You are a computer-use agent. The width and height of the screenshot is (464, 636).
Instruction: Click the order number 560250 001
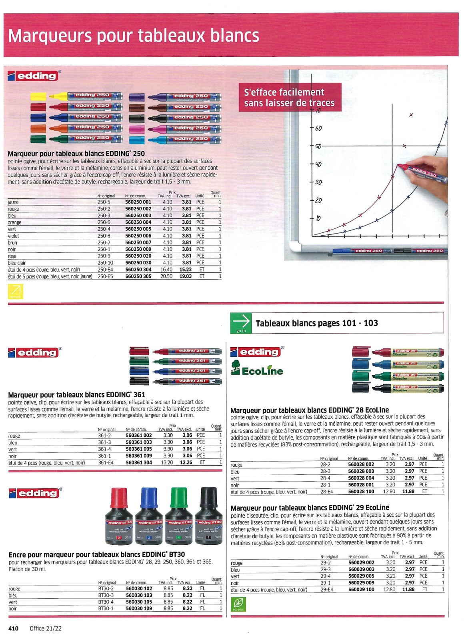(x=138, y=202)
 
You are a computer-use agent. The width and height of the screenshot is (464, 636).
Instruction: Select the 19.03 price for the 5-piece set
(x=185, y=276)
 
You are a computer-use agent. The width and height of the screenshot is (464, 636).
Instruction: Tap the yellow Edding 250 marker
(x=76, y=96)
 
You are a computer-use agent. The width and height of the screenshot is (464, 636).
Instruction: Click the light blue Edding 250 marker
(x=175, y=140)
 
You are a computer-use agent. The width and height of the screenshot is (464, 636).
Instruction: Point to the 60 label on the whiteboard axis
(x=318, y=128)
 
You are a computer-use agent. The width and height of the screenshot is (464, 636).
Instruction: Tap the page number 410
(x=13, y=628)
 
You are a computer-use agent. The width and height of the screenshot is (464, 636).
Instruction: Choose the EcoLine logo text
(x=262, y=371)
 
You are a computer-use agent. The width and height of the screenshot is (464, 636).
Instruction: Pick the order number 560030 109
(x=139, y=608)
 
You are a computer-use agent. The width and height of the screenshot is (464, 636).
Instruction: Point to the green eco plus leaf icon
(x=238, y=604)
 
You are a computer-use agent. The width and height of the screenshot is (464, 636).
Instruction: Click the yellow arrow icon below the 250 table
(x=16, y=291)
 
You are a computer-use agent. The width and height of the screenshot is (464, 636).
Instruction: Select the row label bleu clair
(x=17, y=263)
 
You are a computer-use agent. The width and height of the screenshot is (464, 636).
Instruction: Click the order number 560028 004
(x=361, y=478)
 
